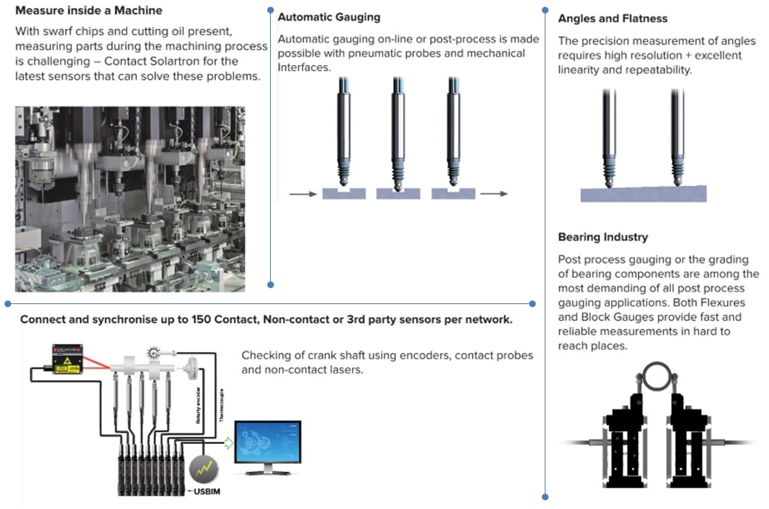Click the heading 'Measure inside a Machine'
pos(89,11)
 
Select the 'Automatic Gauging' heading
pos(329,16)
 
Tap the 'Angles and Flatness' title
pos(612,18)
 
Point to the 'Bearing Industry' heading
pos(602,237)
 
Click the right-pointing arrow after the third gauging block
pos(494,194)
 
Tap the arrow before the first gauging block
pos(302,194)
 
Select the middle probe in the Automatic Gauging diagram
pos(398,133)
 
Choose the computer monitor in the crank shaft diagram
pos(267,445)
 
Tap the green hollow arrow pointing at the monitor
pos(229,442)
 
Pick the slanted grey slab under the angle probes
pos(642,194)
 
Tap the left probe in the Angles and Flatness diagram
pos(608,137)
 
